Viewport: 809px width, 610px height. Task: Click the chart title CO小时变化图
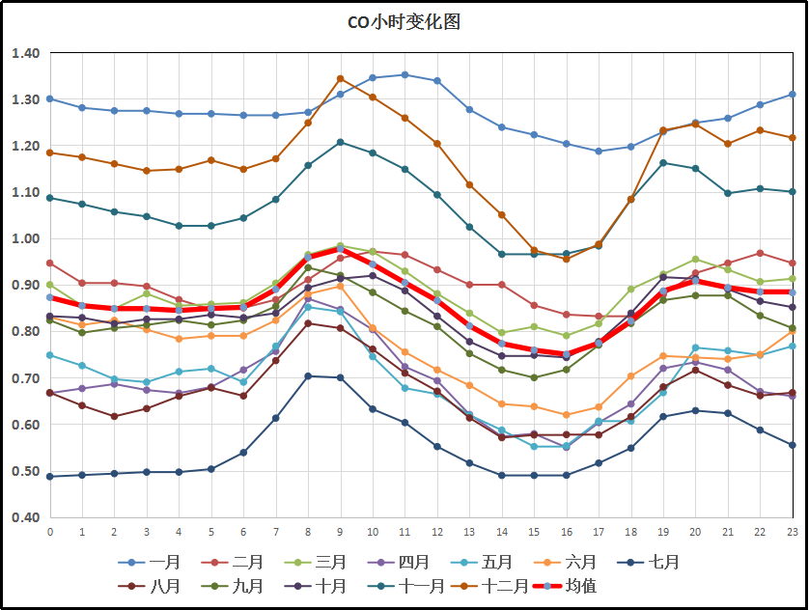pos(404,22)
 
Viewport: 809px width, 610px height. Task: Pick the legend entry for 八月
pos(150,586)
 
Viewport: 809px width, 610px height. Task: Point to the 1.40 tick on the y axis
pos(25,53)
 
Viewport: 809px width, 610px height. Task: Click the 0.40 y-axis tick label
pos(25,517)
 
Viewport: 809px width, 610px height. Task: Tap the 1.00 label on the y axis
pos(25,238)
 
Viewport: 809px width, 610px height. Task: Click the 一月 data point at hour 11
pos(404,74)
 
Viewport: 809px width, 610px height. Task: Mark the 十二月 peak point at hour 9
pos(340,78)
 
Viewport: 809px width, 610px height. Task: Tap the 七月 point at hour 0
pos(50,476)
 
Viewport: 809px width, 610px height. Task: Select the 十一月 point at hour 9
pos(340,142)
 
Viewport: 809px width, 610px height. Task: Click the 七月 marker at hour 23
pos(792,445)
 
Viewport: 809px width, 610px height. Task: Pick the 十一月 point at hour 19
pos(662,163)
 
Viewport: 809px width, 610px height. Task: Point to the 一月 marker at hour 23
pos(792,94)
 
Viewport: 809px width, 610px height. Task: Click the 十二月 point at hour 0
pos(50,152)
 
